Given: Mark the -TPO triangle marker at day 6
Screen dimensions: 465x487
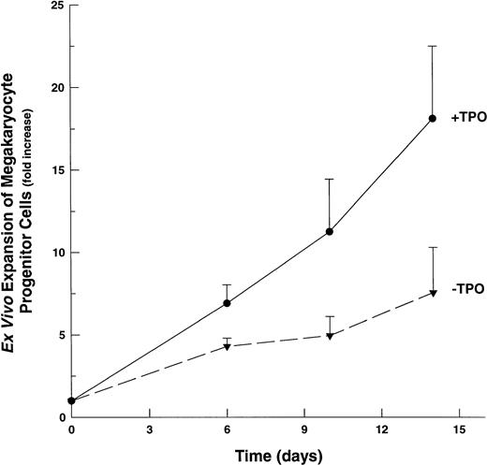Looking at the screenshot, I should click(x=227, y=347).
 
